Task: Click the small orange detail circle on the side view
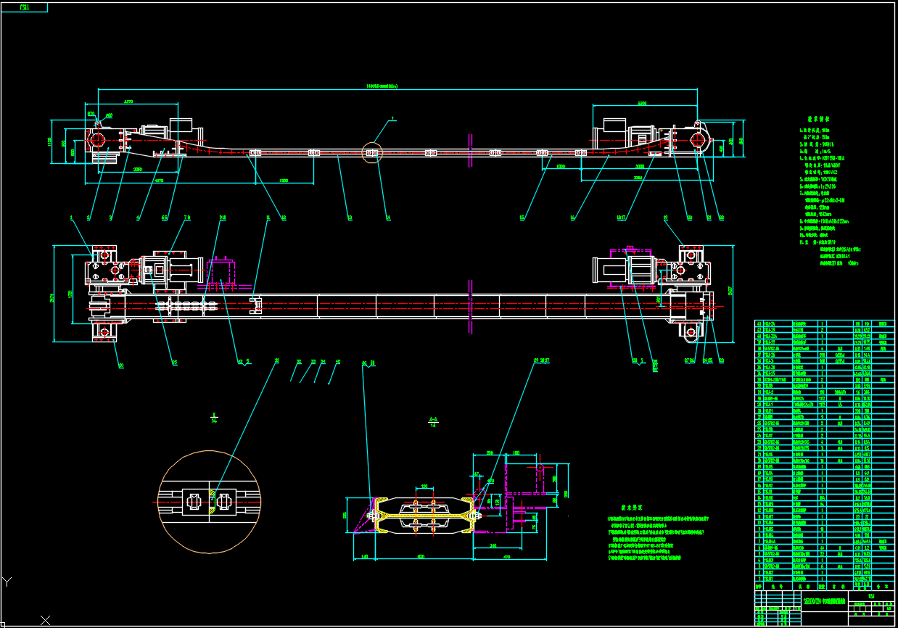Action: (x=372, y=153)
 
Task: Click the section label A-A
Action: (x=433, y=420)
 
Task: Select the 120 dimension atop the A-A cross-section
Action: (x=424, y=487)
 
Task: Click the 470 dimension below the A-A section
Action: (x=507, y=557)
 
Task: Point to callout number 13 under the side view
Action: (x=350, y=217)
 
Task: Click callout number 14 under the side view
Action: (x=388, y=217)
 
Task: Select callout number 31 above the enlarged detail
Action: (x=276, y=360)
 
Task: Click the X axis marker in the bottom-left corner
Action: (x=45, y=620)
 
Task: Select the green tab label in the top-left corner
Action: (x=24, y=7)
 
